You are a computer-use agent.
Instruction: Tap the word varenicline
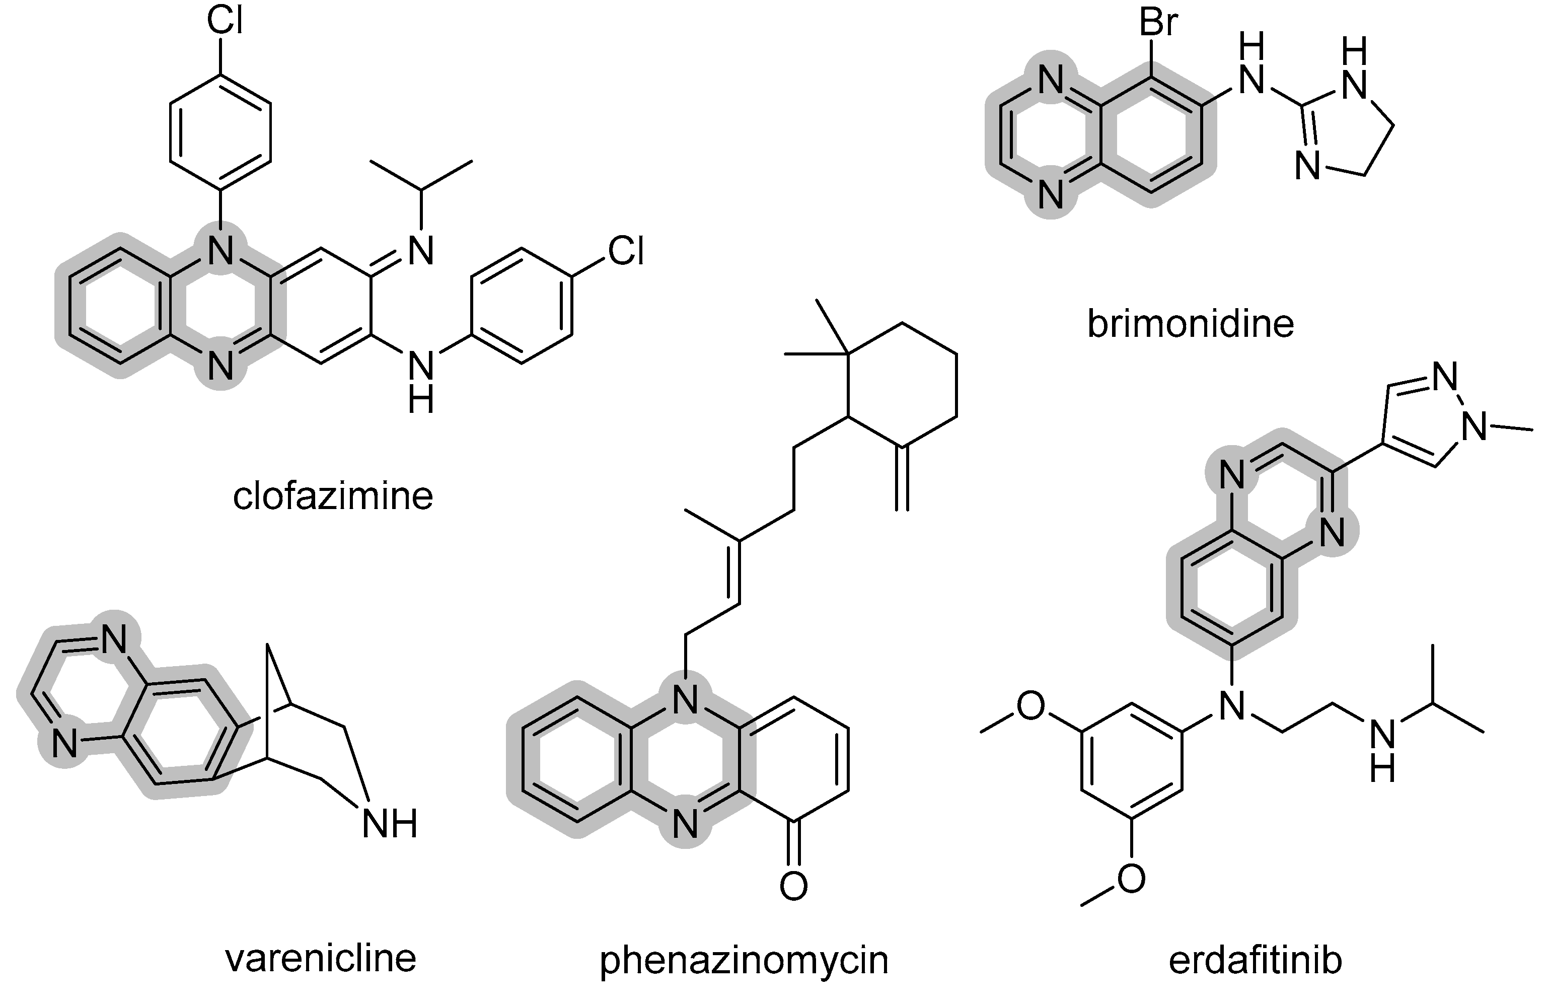click(321, 958)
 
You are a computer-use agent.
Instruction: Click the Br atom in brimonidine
click(1158, 23)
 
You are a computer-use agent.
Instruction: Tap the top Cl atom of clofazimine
click(225, 20)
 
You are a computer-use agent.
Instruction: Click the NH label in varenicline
click(389, 825)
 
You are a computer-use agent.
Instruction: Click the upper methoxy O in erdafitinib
click(1031, 706)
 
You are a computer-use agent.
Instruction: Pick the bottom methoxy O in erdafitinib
click(1131, 879)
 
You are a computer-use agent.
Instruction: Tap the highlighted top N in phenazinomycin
click(685, 700)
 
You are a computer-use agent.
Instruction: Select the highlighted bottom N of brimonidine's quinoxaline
click(1051, 193)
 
